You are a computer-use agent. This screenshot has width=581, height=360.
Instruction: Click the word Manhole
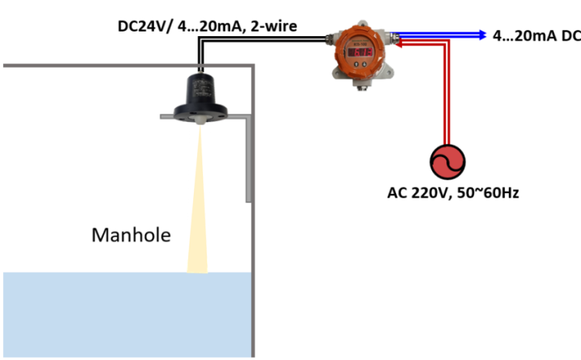[x=131, y=235]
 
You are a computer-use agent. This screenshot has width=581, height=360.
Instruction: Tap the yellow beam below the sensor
[x=198, y=203]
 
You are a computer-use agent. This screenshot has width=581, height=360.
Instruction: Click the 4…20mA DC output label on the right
[x=536, y=35]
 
